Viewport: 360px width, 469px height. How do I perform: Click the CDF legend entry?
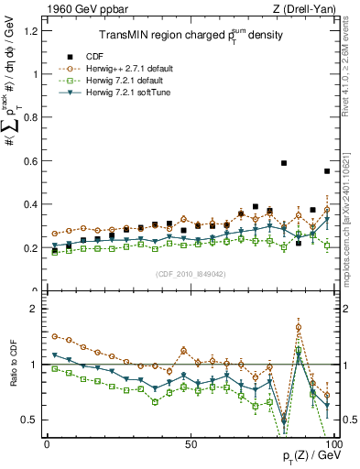tap(116, 56)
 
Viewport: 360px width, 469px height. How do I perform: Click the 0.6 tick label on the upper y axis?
tap(30, 161)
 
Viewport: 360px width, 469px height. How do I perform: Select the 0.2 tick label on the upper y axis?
tap(30, 248)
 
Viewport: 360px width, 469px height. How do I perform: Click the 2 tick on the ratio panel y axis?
tap(35, 309)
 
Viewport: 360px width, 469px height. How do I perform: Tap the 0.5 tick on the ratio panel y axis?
tap(30, 420)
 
